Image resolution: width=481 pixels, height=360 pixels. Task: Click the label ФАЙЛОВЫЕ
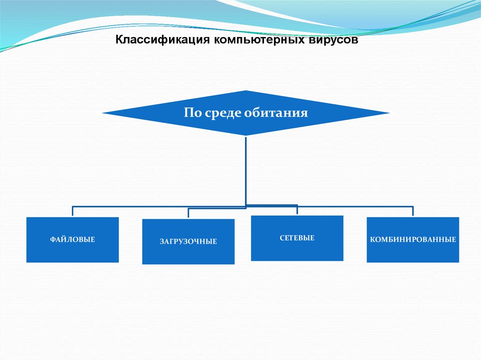pos(72,240)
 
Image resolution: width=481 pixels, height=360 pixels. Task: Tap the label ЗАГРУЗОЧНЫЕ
pos(188,242)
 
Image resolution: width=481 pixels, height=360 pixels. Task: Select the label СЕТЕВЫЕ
pos(297,238)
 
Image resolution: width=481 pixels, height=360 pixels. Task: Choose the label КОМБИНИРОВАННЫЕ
pos(413,240)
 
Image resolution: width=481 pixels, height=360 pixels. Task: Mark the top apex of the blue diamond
pos(246,91)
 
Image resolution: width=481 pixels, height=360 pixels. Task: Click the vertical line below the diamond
pos(246,169)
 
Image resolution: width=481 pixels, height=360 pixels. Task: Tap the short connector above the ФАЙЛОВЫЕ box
pos(72,211)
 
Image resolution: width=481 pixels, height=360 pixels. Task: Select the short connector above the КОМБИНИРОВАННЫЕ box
pos(413,211)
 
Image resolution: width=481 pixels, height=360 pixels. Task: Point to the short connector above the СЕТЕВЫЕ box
pos(297,210)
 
